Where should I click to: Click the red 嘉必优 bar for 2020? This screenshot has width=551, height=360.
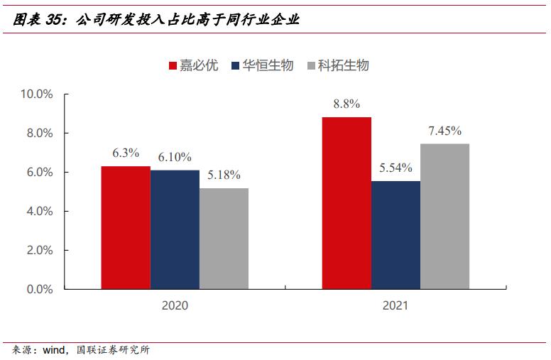pos(125,228)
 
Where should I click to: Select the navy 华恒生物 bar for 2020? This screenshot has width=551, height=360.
pos(175,230)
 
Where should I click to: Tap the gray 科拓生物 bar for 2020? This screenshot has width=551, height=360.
pos(224,239)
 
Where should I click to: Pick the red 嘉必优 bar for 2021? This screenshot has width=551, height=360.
pos(347,203)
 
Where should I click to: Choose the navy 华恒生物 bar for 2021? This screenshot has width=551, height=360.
pos(395,235)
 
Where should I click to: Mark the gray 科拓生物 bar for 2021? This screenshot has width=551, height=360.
pos(444,217)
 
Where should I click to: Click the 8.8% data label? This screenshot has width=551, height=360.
pos(347,104)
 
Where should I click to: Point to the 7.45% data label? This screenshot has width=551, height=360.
pos(445,131)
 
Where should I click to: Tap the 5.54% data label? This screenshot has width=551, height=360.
pos(396,168)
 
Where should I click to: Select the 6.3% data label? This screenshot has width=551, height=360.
pos(126,153)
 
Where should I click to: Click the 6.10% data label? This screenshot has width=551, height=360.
pos(175,157)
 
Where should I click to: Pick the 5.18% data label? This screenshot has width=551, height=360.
pos(224,175)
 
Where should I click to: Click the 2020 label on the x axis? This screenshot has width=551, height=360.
pos(175,307)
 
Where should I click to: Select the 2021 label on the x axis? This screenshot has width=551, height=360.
pos(395,307)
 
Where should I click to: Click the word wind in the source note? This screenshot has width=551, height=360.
pos(53,349)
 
